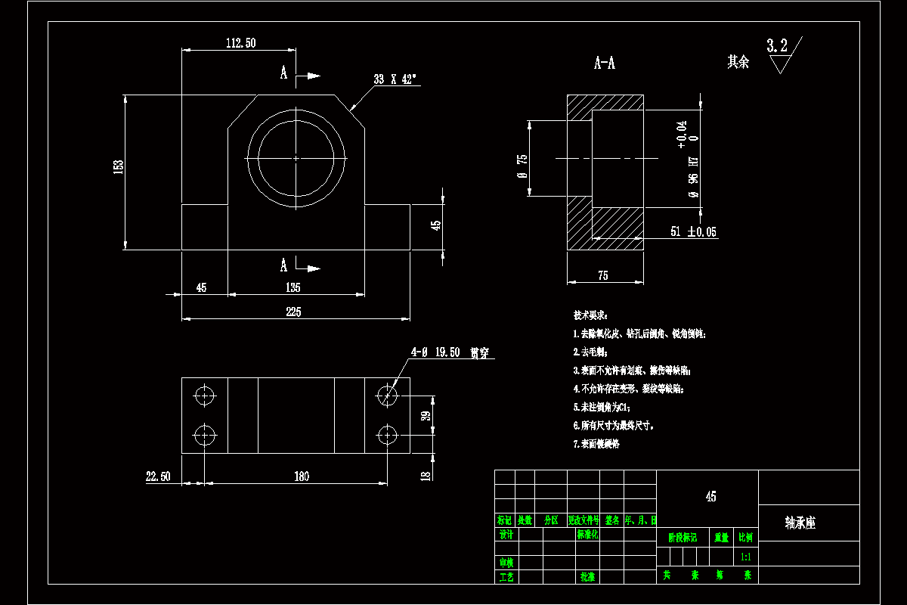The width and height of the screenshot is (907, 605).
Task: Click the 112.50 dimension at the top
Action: point(240,43)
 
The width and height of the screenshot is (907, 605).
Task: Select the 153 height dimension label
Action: point(119,167)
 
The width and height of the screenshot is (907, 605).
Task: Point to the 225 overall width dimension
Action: point(293,312)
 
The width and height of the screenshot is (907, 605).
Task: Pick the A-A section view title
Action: point(605,64)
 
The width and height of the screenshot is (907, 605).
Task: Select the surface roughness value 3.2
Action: point(777,46)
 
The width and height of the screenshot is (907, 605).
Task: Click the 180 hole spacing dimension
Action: point(301,476)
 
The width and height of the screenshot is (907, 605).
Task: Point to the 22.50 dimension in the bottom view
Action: point(158,476)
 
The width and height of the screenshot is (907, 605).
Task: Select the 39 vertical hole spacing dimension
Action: point(426,415)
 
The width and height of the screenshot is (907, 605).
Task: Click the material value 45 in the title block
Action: point(710,497)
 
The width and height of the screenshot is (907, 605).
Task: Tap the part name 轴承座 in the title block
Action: point(800,523)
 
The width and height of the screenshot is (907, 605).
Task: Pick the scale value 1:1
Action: point(746,557)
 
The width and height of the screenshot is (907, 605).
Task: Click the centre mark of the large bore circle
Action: point(296,158)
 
